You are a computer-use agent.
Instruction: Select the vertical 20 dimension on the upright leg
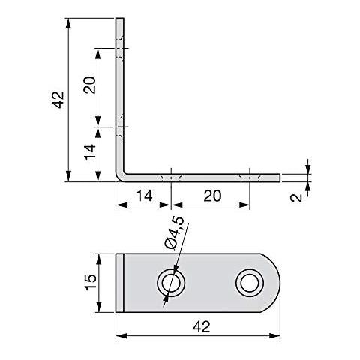click(x=88, y=85)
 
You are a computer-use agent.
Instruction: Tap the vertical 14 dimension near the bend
click(x=88, y=154)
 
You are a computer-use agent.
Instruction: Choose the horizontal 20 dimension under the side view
click(x=212, y=196)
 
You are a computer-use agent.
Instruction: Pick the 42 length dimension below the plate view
click(x=201, y=327)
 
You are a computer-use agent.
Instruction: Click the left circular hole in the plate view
click(x=172, y=283)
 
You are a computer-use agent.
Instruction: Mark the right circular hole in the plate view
click(x=249, y=283)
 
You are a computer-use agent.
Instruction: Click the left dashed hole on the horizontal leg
click(x=172, y=178)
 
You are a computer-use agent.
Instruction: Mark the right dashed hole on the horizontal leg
click(x=249, y=178)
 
